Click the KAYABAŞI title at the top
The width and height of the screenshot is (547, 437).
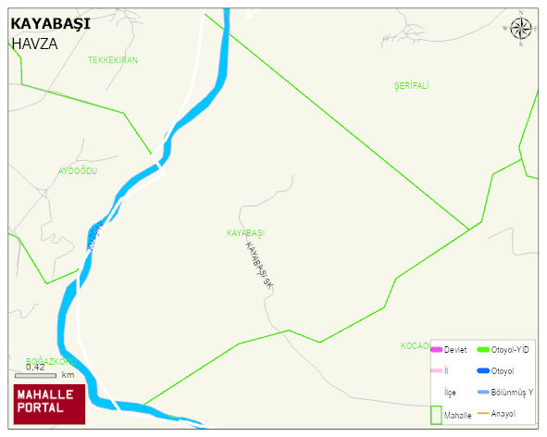(x=50, y=24)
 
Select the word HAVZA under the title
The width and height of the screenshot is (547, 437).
(x=34, y=43)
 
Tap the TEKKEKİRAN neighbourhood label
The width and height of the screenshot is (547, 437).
(x=113, y=60)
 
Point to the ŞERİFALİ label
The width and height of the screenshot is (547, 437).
(x=412, y=85)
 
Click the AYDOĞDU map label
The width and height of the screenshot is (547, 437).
(x=78, y=171)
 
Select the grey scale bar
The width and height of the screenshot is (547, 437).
(x=35, y=375)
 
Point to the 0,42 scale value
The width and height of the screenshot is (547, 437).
(x=35, y=367)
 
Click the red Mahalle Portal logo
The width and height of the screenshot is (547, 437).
(x=49, y=402)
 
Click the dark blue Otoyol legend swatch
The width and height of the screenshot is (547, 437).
(x=482, y=370)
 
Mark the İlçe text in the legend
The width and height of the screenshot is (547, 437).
(x=451, y=392)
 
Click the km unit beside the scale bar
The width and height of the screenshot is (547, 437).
(x=68, y=375)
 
